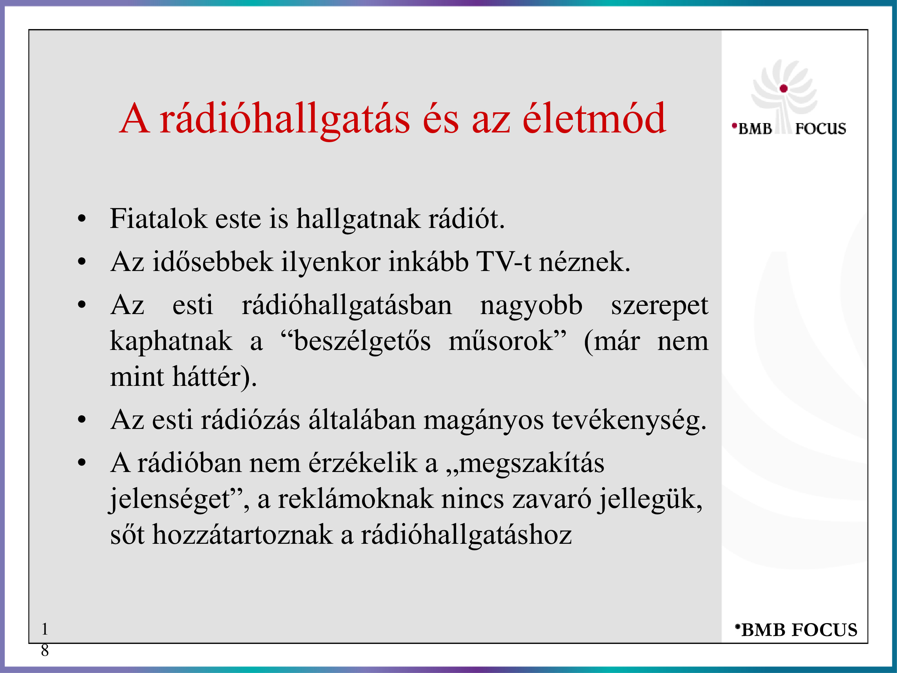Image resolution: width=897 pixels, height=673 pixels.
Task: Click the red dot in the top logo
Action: click(784, 88)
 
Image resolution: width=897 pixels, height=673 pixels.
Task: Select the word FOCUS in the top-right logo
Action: click(820, 128)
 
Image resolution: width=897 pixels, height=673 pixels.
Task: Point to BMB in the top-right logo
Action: click(755, 128)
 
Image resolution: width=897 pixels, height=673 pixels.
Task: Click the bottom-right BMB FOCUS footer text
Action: click(797, 630)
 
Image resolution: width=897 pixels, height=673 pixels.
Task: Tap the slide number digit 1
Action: click(44, 629)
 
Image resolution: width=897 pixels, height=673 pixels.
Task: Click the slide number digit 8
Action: click(44, 650)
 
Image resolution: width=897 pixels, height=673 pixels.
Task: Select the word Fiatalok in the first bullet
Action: click(159, 218)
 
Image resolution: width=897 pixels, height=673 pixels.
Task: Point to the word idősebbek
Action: click(212, 261)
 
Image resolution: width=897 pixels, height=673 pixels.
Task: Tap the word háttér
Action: click(207, 376)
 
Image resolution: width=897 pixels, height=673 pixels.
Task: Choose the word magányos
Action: click(483, 421)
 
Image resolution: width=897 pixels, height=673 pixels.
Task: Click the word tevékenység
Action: click(626, 421)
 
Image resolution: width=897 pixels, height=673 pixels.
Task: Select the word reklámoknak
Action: click(355, 499)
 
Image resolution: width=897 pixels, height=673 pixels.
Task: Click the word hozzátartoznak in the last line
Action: click(242, 535)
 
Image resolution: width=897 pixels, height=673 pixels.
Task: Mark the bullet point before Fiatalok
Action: click(82, 219)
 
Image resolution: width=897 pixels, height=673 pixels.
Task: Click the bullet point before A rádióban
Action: click(82, 463)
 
